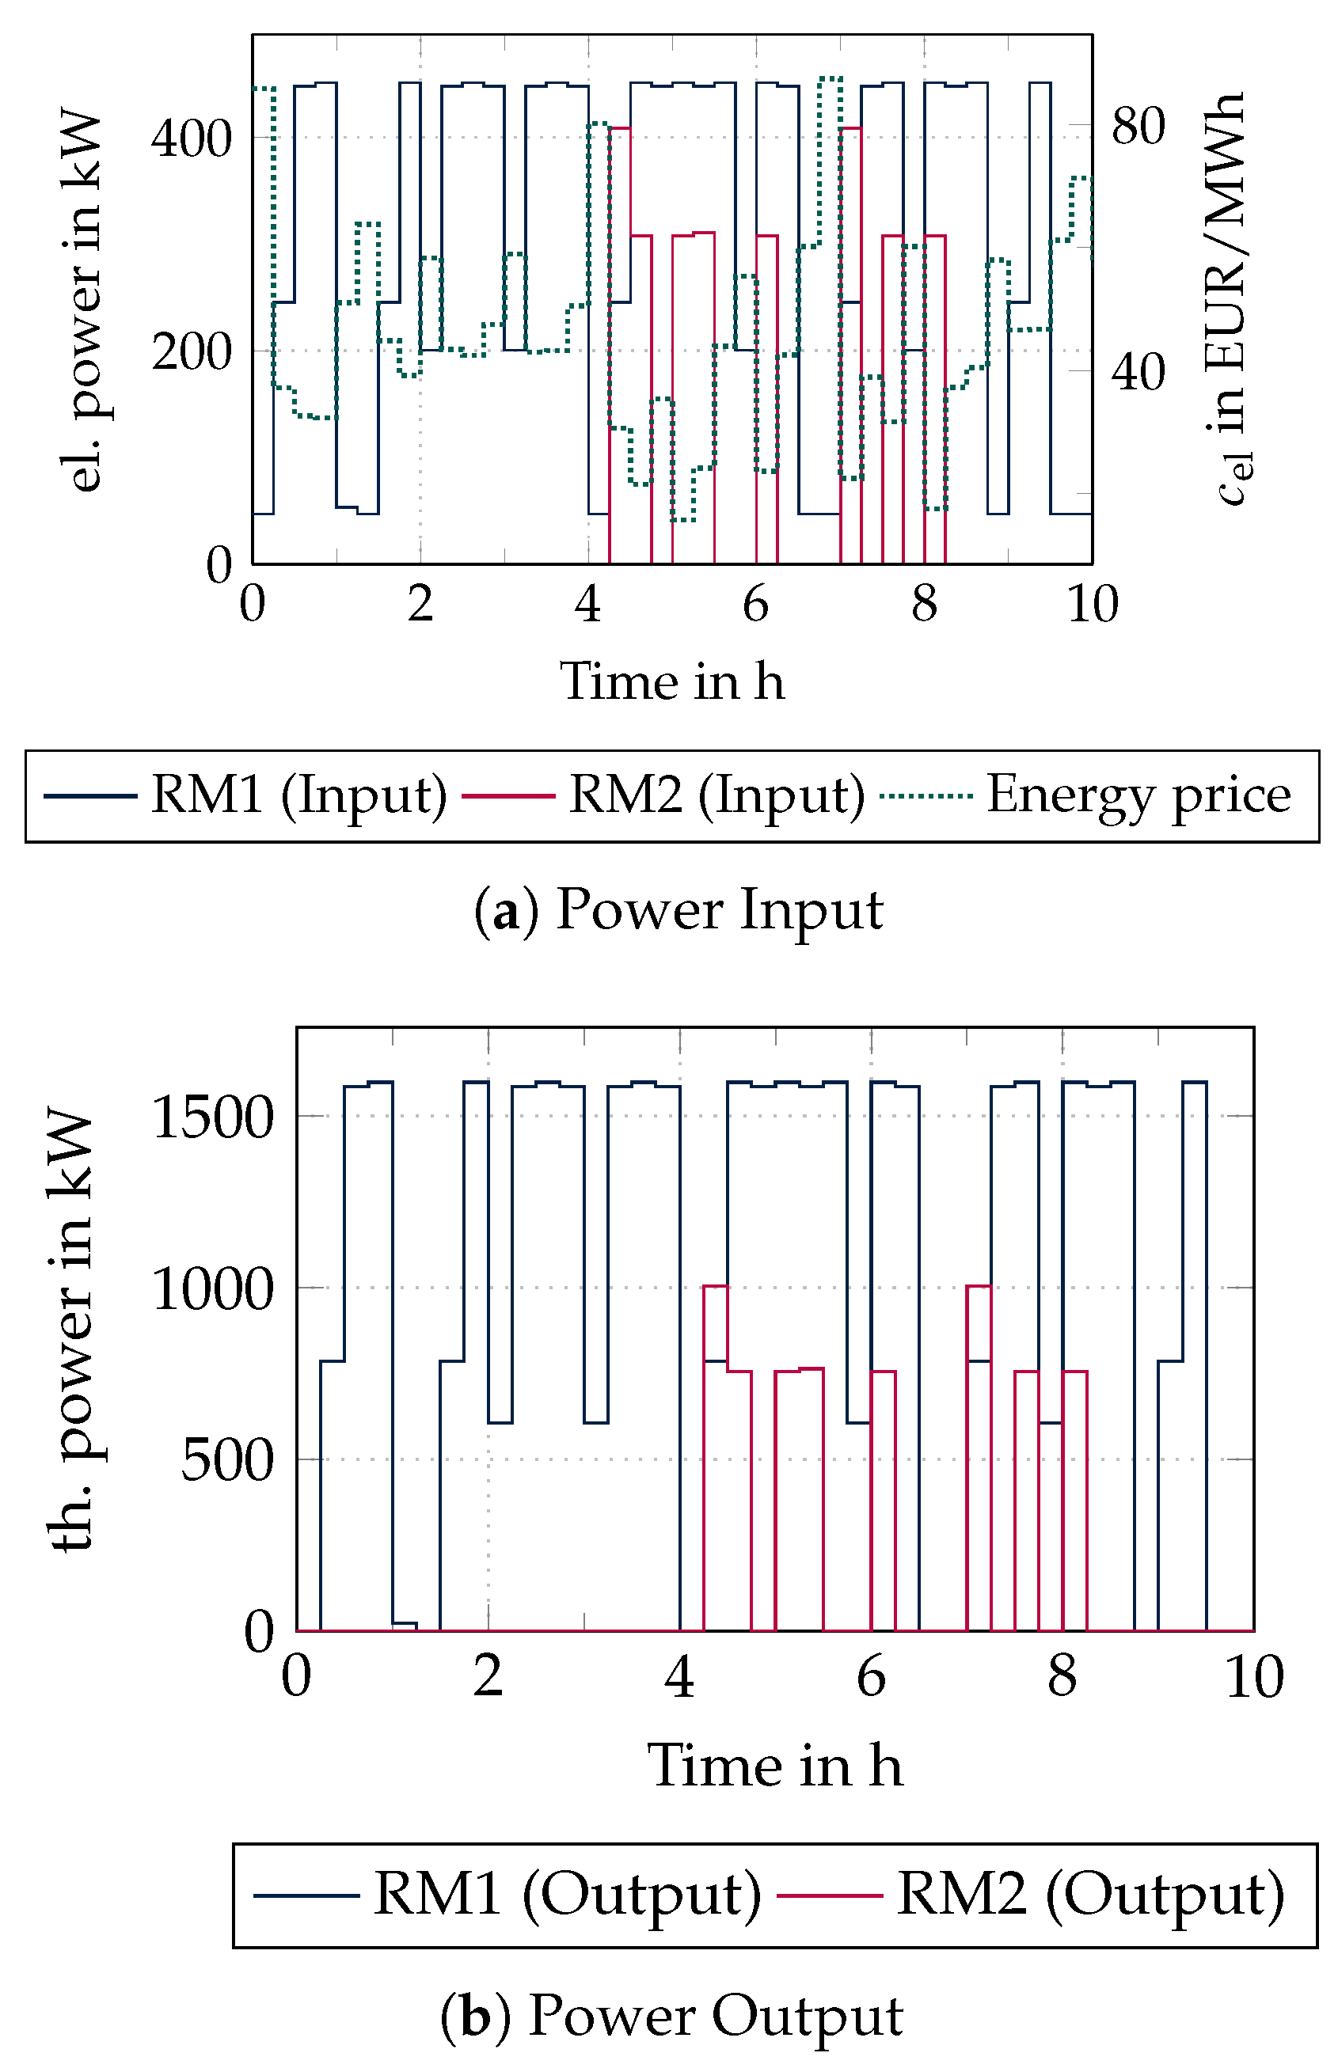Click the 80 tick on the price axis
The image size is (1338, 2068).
[x=1137, y=126]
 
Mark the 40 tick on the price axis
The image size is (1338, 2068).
[x=1137, y=373]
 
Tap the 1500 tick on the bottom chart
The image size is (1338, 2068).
[x=213, y=1117]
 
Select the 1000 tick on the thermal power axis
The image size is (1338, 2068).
[x=213, y=1290]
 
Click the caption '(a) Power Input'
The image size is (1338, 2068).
[x=679, y=910]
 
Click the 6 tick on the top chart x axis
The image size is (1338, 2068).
[x=756, y=604]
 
